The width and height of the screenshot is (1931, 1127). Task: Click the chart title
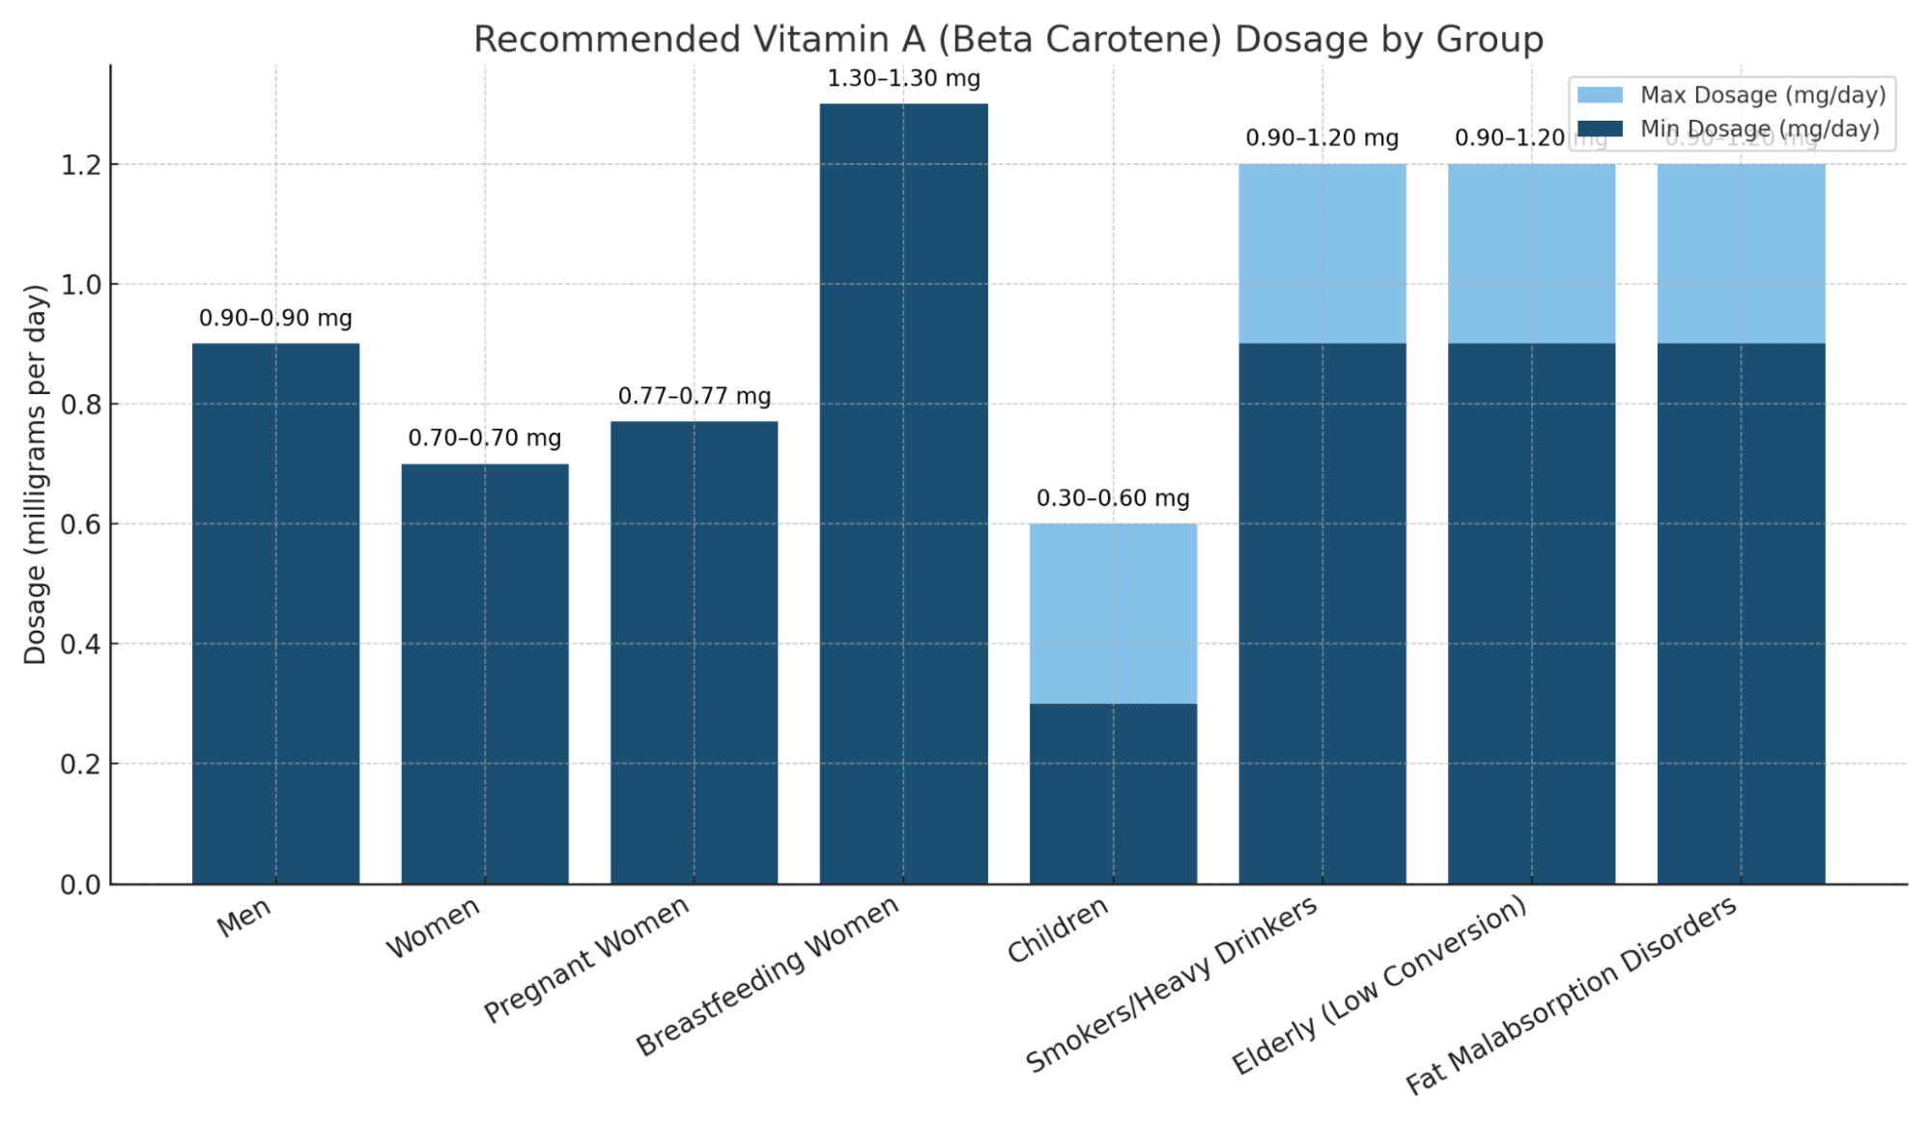(1008, 40)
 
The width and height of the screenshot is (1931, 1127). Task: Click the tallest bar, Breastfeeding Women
(903, 493)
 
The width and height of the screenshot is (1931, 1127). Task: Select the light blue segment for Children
(1113, 613)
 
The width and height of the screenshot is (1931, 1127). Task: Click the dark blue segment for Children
(1113, 793)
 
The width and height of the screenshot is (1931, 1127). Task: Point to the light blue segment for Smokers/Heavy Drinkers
(1321, 253)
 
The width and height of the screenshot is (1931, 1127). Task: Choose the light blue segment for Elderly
(1531, 253)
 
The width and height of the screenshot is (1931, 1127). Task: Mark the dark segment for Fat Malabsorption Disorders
(1741, 613)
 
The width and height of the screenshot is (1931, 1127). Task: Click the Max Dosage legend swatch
(1600, 95)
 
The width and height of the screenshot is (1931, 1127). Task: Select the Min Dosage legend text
(1759, 128)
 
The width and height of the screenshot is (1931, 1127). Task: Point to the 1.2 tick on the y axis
(81, 165)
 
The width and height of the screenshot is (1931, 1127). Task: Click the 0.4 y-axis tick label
(81, 644)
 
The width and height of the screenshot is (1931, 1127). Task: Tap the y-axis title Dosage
(36, 474)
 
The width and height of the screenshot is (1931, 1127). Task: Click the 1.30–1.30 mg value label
(903, 78)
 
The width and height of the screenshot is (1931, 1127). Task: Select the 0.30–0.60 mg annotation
(1113, 498)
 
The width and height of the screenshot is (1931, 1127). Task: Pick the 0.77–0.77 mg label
(694, 396)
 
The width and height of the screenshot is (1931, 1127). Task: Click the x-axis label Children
(1057, 930)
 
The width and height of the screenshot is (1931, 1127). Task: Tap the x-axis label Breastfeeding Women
(767, 975)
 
